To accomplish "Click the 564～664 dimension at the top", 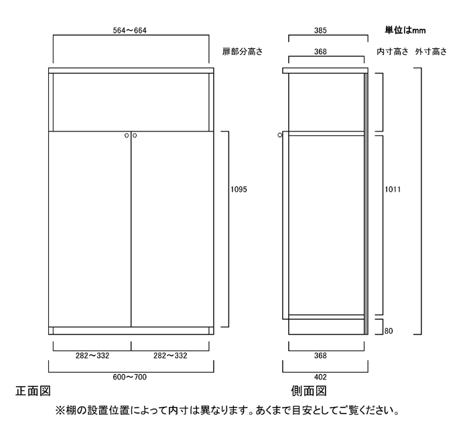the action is click(x=129, y=31).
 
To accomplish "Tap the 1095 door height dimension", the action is click(x=239, y=190).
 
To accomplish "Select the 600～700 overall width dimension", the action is click(x=129, y=377).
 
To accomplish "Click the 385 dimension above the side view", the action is click(x=320, y=31).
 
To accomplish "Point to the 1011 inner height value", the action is click(x=393, y=190).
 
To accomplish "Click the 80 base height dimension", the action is click(x=388, y=331).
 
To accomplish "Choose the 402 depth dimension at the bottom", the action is click(x=320, y=377).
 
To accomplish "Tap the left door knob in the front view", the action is click(x=127, y=135).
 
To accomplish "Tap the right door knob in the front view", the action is click(x=135, y=135).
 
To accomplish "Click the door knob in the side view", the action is click(x=279, y=135).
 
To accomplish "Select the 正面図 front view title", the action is click(x=33, y=391).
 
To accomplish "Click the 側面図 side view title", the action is click(x=309, y=391).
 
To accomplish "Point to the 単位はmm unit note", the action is click(x=405, y=30).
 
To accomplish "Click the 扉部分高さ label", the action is click(x=243, y=52).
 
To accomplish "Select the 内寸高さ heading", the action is click(x=393, y=52).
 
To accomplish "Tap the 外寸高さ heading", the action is click(x=431, y=52).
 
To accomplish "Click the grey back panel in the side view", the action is click(x=366, y=204).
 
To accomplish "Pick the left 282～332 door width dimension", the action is click(x=92, y=356).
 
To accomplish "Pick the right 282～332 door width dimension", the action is click(x=170, y=356).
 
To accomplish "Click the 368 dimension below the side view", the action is click(x=320, y=356).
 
